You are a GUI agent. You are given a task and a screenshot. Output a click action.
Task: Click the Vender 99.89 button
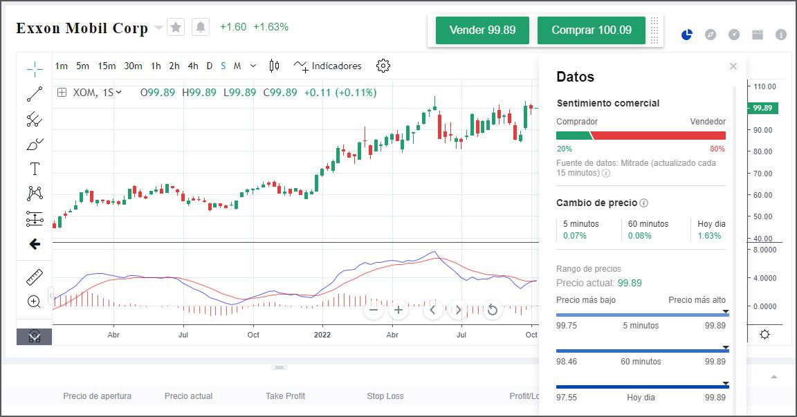tap(482, 30)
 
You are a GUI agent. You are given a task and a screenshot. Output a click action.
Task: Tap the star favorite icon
tap(176, 27)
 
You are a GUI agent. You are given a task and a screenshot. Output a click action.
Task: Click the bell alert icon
tap(201, 27)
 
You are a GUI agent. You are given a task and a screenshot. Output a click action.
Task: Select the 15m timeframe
tap(107, 66)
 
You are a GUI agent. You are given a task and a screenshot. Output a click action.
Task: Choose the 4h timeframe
tap(192, 66)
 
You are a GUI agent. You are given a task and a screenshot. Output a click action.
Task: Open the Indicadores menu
tap(328, 66)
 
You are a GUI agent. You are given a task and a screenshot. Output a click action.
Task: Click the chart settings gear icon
tap(383, 66)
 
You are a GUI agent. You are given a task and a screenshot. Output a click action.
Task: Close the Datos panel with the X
tap(733, 66)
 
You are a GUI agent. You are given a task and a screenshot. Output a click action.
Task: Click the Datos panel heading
tap(575, 77)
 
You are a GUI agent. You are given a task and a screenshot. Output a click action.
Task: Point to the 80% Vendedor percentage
tap(717, 149)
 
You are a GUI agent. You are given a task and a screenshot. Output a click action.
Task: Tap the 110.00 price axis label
tap(764, 86)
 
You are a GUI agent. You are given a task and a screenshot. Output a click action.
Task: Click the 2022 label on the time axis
tap(322, 335)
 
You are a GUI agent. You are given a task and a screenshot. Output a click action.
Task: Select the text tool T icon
tap(35, 169)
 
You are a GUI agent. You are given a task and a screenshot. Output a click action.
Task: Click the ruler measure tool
tap(35, 277)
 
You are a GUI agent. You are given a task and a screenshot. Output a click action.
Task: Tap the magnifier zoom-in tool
tap(34, 302)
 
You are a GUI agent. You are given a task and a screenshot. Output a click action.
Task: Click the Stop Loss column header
tap(385, 396)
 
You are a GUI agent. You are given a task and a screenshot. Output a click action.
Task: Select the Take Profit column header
tap(285, 396)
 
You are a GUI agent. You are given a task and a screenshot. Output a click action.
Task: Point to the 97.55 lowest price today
tap(566, 398)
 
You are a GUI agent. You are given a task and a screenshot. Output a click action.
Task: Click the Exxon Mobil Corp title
tap(82, 28)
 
